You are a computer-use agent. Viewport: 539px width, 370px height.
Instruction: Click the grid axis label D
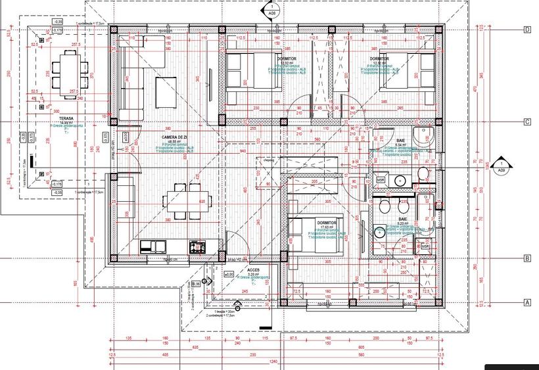527,30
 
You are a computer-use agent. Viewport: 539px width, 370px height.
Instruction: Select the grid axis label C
527,122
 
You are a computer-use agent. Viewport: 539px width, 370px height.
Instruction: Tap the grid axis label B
527,258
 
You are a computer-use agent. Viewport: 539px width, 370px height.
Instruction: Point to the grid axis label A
527,302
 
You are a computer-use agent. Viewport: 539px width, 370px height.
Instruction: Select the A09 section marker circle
502,166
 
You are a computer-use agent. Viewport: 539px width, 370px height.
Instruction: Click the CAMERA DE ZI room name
175,137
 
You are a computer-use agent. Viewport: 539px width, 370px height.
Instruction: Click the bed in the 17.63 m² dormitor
314,234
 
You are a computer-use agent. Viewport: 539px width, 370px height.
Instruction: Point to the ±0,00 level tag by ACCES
228,274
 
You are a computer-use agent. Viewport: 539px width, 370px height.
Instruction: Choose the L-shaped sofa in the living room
129,79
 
